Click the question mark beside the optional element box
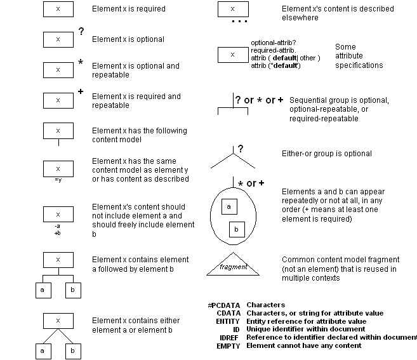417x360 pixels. [x=81, y=31]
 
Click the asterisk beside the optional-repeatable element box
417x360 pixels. [x=81, y=62]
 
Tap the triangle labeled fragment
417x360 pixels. [x=233, y=267]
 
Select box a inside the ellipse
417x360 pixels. [x=229, y=206]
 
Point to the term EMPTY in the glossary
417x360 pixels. [x=227, y=346]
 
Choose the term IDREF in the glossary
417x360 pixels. [x=228, y=338]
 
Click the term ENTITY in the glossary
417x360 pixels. [x=227, y=321]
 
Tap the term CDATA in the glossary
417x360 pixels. [x=228, y=313]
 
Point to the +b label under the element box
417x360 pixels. [x=58, y=233]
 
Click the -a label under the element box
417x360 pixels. [x=58, y=226]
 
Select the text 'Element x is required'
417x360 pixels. [x=129, y=9]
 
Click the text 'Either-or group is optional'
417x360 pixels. [x=326, y=154]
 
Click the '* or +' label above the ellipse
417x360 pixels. [x=251, y=183]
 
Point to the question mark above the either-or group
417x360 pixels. [x=241, y=149]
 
